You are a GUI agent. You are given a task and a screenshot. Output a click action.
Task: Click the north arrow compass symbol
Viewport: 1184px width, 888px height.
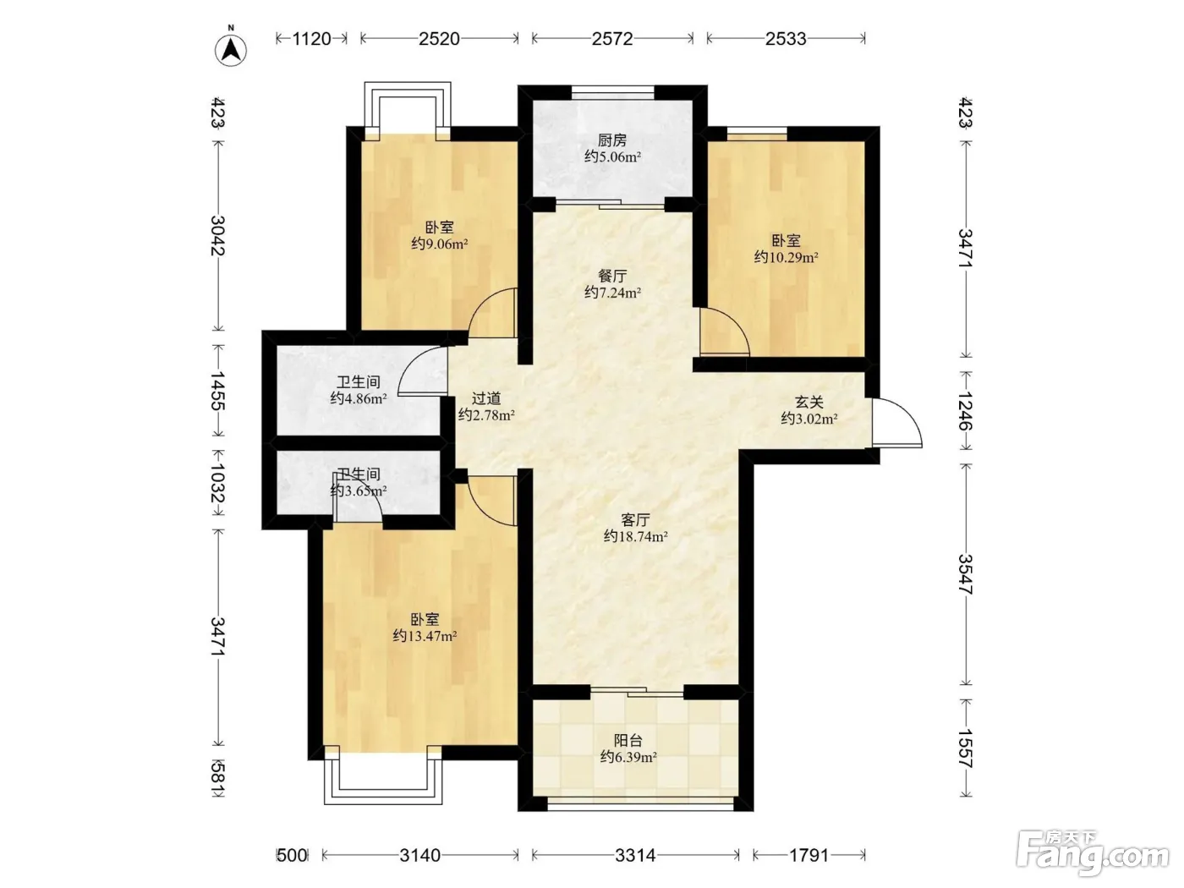click(x=231, y=50)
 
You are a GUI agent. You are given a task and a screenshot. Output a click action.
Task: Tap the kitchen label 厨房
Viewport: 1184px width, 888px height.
click(x=612, y=140)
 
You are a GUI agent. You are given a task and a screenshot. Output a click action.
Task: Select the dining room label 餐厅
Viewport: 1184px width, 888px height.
click(x=612, y=276)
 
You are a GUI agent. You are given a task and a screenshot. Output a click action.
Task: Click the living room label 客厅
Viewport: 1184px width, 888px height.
click(x=635, y=520)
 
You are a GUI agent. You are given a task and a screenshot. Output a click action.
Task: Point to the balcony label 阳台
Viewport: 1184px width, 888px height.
click(x=628, y=740)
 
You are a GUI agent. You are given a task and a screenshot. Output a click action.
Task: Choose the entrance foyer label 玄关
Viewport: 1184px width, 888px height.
click(x=809, y=402)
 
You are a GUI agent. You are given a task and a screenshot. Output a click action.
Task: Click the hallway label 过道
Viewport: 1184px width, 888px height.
click(x=486, y=398)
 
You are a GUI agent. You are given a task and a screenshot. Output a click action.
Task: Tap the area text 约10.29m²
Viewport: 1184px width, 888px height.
click(x=786, y=257)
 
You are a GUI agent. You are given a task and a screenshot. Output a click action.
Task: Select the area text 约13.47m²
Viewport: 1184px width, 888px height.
click(x=425, y=636)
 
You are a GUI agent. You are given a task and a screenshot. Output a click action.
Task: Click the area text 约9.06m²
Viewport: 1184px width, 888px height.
click(x=439, y=244)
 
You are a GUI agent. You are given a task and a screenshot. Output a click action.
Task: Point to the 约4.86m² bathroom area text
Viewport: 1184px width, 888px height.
click(x=359, y=399)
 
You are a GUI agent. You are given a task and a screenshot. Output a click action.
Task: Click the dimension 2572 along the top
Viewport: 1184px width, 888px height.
click(x=612, y=39)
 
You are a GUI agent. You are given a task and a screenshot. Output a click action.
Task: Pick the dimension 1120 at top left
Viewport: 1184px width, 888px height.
click(x=311, y=39)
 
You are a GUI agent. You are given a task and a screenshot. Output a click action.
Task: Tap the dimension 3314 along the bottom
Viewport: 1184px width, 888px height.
click(x=635, y=855)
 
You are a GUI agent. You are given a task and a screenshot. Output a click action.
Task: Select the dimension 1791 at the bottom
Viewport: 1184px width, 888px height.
click(x=809, y=855)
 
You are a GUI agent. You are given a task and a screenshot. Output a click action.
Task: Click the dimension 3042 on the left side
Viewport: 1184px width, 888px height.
click(x=218, y=236)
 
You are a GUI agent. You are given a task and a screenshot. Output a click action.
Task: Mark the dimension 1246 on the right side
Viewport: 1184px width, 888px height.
click(x=966, y=411)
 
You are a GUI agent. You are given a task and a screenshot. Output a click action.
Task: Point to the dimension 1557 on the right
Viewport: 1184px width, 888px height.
click(x=966, y=748)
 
